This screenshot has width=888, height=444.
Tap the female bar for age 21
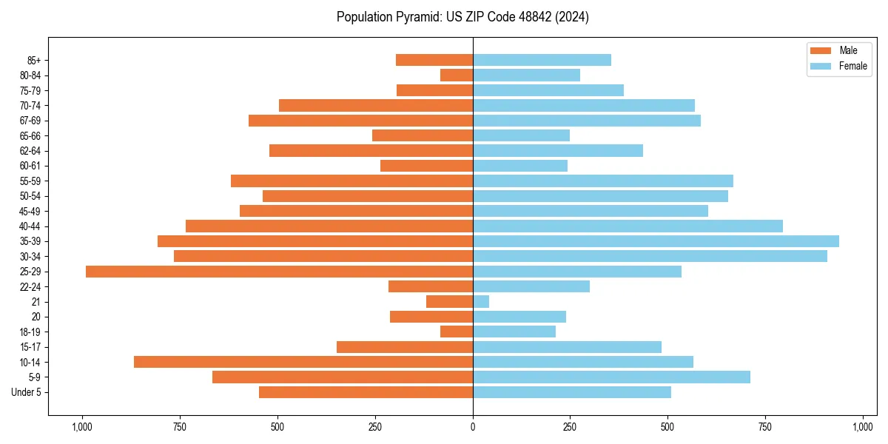click(481, 302)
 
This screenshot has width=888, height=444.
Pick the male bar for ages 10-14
click(303, 362)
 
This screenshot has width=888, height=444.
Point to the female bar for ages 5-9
click(611, 377)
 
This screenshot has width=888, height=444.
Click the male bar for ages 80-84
click(457, 75)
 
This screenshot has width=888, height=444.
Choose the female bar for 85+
click(542, 60)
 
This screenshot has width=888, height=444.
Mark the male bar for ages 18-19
click(457, 332)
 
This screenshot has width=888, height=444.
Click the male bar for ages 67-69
click(360, 121)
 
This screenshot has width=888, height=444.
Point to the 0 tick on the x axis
click(473, 427)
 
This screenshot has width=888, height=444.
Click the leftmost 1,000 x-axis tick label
click(82, 427)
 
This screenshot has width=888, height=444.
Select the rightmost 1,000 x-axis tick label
click(863, 427)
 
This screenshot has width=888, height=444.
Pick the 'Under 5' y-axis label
click(27, 392)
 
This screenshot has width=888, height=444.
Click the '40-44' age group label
click(30, 226)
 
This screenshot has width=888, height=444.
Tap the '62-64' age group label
click(30, 151)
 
